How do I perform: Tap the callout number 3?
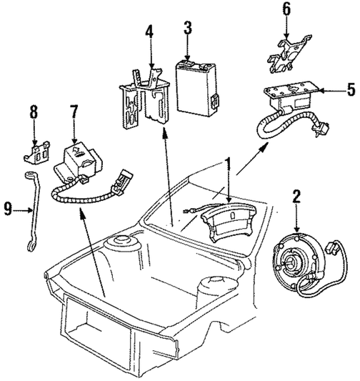[x=188, y=29]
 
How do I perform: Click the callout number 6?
[x=286, y=9]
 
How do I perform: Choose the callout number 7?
[x=74, y=113]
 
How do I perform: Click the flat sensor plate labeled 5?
[x=290, y=93]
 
